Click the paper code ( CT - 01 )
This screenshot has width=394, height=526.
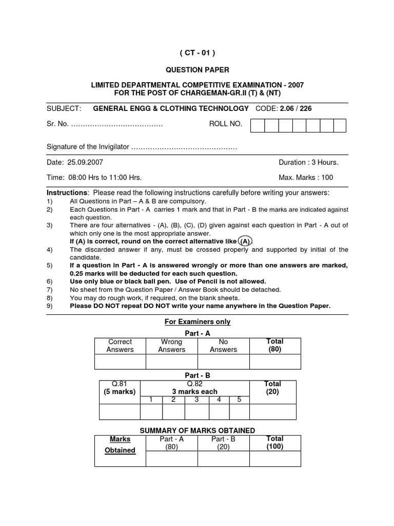tap(197, 52)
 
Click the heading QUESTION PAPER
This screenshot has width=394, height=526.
tap(197, 69)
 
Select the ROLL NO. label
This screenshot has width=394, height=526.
tap(225, 124)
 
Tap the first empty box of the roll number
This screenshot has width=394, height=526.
tap(258, 126)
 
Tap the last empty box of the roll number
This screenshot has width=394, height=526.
tap(339, 126)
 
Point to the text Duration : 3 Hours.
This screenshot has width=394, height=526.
tap(308, 162)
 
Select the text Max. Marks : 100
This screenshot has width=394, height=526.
tap(306, 177)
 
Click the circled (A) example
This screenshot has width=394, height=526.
tap(245, 241)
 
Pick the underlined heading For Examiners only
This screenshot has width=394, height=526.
tap(197, 322)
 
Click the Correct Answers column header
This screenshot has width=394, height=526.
tap(120, 346)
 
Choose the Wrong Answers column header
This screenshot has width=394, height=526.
tap(171, 346)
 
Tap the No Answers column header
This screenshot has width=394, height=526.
tap(223, 346)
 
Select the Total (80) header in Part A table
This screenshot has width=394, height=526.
tap(274, 345)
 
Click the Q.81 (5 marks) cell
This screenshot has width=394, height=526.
tap(119, 388)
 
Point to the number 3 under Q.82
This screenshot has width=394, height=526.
tap(196, 400)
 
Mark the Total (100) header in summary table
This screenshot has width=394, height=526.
tap(274, 443)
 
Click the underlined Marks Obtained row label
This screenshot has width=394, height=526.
tap(120, 445)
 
